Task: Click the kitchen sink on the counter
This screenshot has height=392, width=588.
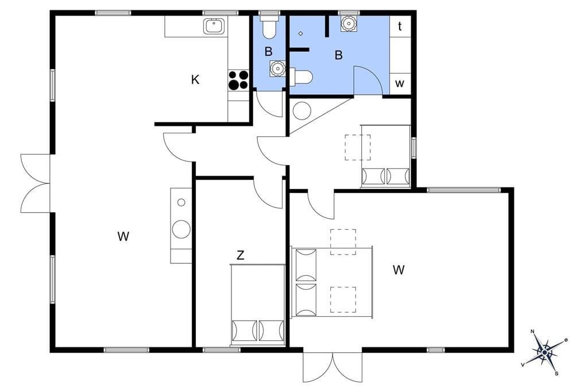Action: click(x=214, y=26)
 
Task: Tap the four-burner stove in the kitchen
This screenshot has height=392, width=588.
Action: click(x=238, y=80)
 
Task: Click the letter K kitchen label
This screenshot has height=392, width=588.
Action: click(x=195, y=79)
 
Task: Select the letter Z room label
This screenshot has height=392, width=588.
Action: click(x=241, y=255)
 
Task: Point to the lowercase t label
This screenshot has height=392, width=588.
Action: click(x=400, y=26)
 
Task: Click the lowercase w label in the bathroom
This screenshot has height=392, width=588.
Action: click(x=400, y=83)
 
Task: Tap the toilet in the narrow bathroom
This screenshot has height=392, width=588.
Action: click(x=269, y=26)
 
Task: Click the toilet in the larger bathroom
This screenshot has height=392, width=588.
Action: click(x=301, y=77)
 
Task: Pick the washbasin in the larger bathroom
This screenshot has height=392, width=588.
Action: click(x=349, y=24)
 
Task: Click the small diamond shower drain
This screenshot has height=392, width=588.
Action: click(x=301, y=33)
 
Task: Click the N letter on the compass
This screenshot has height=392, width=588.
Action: click(x=532, y=332)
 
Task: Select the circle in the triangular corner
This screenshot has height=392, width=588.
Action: click(x=301, y=111)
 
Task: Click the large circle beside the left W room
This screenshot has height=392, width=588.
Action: click(x=181, y=229)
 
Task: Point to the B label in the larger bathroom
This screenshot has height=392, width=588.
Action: click(x=339, y=55)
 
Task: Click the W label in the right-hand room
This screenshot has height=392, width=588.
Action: click(x=399, y=270)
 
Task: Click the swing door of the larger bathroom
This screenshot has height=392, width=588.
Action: click(x=367, y=80)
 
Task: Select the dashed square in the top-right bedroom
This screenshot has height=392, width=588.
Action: click(x=358, y=148)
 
